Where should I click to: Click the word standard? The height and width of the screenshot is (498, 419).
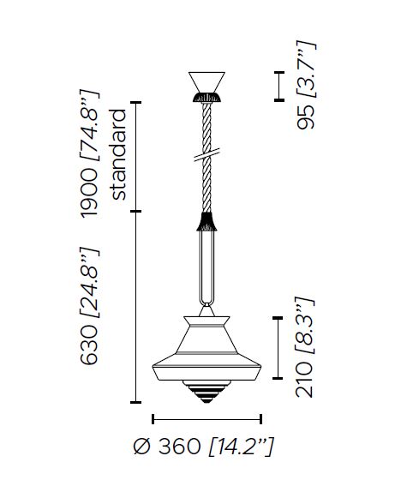(117, 154)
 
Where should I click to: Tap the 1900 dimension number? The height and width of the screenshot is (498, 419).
(89, 193)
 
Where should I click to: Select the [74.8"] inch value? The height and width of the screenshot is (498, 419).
(89, 126)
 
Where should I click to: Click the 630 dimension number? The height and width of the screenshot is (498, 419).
(89, 345)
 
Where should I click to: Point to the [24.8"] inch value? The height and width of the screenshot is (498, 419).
(89, 283)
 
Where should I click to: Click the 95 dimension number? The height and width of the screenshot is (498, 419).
(305, 117)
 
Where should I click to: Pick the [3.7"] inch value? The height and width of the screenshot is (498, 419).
(306, 69)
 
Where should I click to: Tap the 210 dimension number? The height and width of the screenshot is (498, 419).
(304, 381)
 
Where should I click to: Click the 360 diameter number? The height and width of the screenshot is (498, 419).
(179, 446)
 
